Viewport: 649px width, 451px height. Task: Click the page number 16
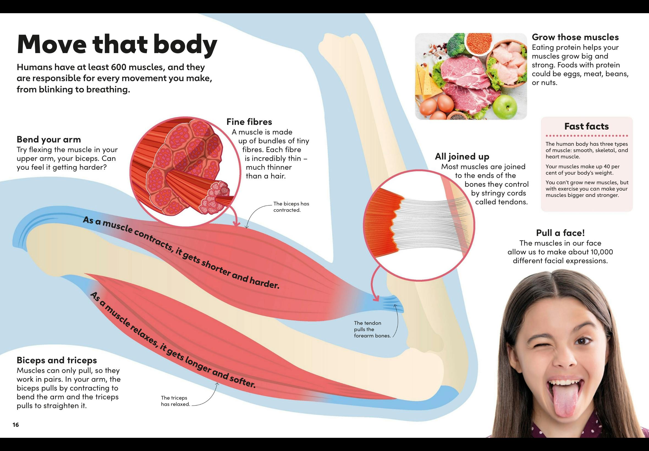(16, 425)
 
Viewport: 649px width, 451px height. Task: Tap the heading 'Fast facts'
(586, 126)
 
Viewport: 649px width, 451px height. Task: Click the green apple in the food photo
(505, 107)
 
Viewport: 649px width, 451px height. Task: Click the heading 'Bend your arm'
(49, 139)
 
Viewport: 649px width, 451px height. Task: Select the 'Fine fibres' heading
(249, 122)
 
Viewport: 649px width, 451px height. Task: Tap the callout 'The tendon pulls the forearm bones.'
(372, 329)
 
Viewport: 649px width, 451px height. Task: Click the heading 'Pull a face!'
(560, 233)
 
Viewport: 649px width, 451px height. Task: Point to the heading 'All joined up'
(462, 156)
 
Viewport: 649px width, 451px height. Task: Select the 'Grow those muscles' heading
(575, 37)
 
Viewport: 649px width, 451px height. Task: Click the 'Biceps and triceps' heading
(56, 360)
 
